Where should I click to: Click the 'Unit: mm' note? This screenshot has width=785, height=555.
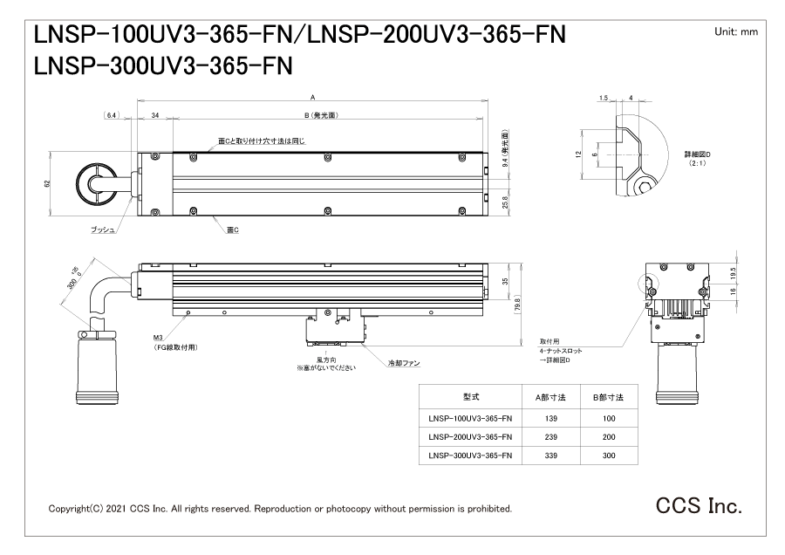click(736, 31)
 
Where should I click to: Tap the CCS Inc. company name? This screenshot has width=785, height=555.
click(700, 505)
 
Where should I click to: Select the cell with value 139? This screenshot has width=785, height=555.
click(550, 418)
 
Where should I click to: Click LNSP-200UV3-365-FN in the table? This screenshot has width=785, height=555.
click(470, 437)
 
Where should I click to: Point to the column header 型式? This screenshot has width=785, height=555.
click(470, 397)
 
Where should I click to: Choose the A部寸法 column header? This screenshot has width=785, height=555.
click(550, 397)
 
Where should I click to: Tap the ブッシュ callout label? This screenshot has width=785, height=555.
click(103, 229)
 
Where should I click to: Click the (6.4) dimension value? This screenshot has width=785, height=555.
click(111, 114)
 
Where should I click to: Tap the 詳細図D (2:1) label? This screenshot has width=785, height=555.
click(698, 158)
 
